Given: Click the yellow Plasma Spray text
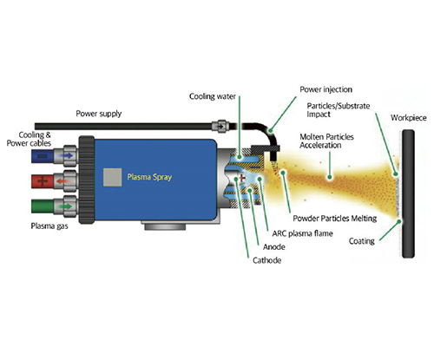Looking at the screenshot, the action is click(x=149, y=177).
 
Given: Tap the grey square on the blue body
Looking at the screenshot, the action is click(x=112, y=177).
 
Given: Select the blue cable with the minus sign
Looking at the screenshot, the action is click(x=43, y=156).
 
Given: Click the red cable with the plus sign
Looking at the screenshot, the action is click(x=43, y=181).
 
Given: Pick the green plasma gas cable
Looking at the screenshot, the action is click(x=43, y=206).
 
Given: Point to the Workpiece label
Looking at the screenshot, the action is click(x=408, y=118).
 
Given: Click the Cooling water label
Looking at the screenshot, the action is click(x=213, y=96).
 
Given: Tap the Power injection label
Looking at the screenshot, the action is click(x=325, y=89).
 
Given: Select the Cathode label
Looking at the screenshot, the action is click(x=266, y=260).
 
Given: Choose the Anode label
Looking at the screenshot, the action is click(x=274, y=246).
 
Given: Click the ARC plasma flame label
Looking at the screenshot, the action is click(x=302, y=233).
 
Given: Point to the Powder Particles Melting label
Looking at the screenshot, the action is click(x=335, y=219).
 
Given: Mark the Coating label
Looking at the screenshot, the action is click(x=362, y=241).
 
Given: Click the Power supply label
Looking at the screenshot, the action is click(x=99, y=114).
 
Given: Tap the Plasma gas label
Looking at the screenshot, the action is click(x=49, y=226).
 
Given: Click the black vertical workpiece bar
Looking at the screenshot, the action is click(x=408, y=193).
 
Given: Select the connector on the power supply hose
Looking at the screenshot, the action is click(x=220, y=127).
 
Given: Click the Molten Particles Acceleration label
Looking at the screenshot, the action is click(x=326, y=141).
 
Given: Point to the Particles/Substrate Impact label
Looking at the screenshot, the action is click(x=339, y=110).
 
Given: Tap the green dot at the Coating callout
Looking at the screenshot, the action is click(x=399, y=222).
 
